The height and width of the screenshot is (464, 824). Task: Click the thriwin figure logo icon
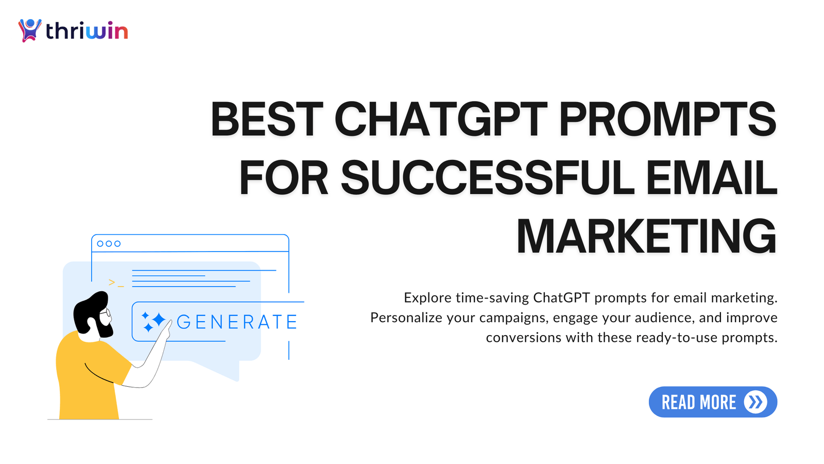[30, 30]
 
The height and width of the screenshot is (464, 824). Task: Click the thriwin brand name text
[87, 31]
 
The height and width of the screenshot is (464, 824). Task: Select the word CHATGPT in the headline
[441, 119]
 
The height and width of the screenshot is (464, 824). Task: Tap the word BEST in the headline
[267, 119]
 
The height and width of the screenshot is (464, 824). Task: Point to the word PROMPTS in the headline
[667, 119]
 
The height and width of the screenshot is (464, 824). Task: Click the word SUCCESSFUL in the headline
[487, 178]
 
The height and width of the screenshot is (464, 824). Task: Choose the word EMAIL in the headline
[711, 178]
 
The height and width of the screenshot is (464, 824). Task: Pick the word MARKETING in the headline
[646, 237]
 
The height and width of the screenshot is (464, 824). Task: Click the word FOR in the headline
[284, 178]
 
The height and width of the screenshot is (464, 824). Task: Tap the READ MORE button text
[698, 402]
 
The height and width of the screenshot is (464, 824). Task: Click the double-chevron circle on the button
[756, 402]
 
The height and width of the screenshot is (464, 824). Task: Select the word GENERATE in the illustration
[237, 322]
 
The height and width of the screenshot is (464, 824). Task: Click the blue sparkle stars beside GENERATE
[153, 321]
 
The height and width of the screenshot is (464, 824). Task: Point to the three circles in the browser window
[109, 243]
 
